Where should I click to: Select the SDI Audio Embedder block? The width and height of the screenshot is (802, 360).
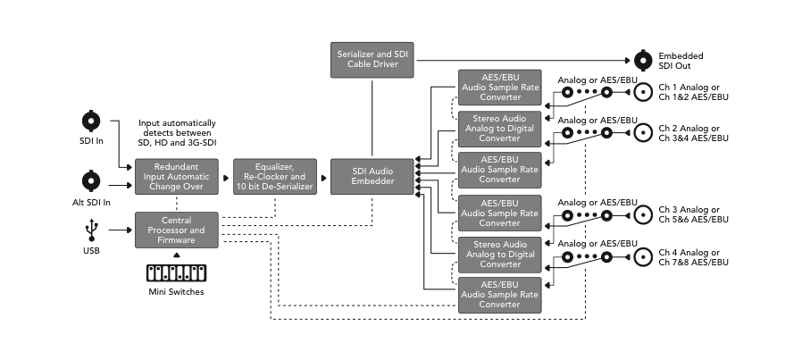click(372, 176)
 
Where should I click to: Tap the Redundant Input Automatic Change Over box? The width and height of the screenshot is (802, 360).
click(176, 176)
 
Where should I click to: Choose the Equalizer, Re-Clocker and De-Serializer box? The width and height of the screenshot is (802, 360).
click(275, 176)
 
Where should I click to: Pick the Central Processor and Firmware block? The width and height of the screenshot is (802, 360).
click(176, 230)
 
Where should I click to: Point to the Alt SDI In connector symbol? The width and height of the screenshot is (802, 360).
click(90, 181)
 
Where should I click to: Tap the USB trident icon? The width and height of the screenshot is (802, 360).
click(90, 230)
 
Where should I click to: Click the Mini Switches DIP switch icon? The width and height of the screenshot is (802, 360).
click(175, 272)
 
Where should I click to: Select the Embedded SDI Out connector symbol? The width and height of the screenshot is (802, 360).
click(644, 61)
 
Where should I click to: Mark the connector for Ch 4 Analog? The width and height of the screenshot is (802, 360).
click(644, 257)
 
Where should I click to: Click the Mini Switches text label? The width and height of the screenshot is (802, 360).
click(176, 292)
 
